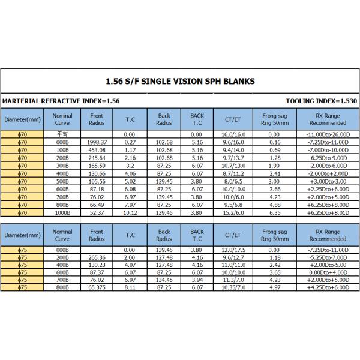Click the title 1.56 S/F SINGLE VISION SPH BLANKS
[179, 81]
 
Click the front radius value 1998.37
[97, 142]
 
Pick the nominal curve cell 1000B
[62, 212]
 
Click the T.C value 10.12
[130, 212]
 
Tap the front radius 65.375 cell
[97, 287]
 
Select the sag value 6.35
[274, 212]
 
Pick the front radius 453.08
[97, 150]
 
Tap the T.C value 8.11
[130, 287]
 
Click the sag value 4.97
[274, 287]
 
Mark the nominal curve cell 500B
[62, 181]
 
